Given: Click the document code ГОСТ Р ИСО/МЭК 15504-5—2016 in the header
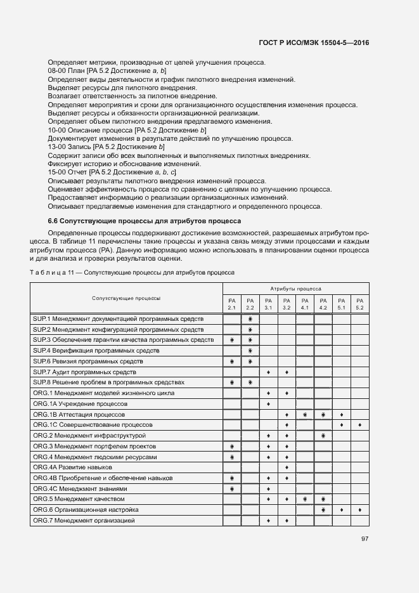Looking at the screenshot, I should [314, 43].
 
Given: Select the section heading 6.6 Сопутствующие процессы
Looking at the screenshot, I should [144, 221].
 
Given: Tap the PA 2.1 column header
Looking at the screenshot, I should [232, 304].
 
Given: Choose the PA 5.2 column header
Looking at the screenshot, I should [359, 304].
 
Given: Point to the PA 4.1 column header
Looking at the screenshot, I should [304, 304].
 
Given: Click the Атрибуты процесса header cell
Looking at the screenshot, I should [296, 288].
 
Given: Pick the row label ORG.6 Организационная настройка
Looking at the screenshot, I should [94, 510].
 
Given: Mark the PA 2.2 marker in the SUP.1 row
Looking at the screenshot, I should [250, 319].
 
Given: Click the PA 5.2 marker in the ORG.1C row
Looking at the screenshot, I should [359, 425].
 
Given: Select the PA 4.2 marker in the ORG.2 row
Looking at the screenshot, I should [323, 436].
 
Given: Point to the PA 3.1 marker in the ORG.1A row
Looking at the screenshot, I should [269, 404].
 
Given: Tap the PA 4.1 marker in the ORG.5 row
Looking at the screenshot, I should [305, 499].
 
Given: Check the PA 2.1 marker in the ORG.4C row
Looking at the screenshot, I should [232, 489].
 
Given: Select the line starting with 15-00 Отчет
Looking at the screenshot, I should [112, 173].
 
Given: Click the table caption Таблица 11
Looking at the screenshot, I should [132, 272].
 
